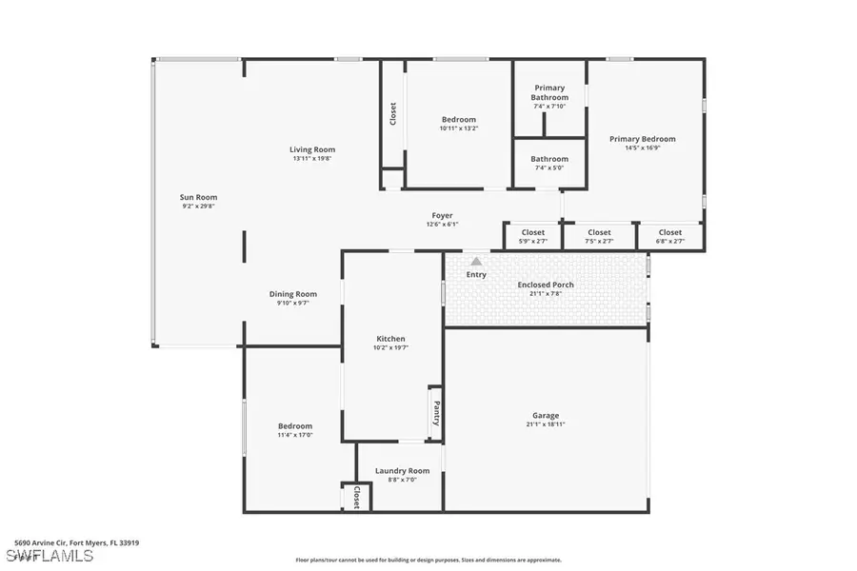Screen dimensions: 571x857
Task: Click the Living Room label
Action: point(312,149)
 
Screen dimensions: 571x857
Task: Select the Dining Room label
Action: point(292,294)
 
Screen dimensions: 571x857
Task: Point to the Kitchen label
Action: point(390,339)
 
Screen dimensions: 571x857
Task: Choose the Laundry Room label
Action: point(402,470)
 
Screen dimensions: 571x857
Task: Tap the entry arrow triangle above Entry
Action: point(476,261)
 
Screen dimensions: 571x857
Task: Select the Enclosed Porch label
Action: point(545,285)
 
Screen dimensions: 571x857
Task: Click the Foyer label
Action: point(442,216)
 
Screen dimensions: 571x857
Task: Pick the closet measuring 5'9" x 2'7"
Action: point(533,236)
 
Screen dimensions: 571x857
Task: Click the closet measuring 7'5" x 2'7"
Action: point(599,236)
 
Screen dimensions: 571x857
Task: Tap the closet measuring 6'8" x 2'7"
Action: point(670,236)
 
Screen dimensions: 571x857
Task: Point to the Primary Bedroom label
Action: point(643,139)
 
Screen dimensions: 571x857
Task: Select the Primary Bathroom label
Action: point(549,92)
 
